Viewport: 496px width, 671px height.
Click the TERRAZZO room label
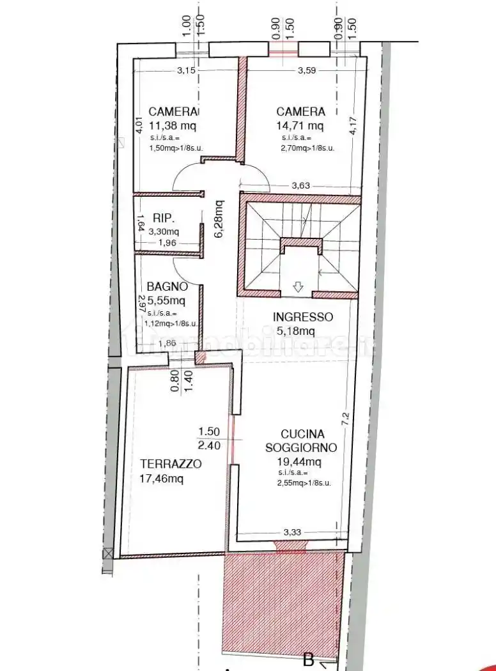(x=171, y=464)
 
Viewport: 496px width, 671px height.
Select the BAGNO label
(x=167, y=286)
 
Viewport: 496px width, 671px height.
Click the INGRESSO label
(x=302, y=316)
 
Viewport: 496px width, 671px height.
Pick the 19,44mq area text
(x=299, y=461)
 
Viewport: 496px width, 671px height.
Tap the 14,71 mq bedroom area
(x=300, y=125)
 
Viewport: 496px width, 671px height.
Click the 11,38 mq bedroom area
(x=172, y=125)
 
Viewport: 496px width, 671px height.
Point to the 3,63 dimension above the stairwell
(x=300, y=186)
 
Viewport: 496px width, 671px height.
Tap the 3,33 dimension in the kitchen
(x=291, y=531)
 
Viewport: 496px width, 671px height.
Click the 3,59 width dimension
(x=307, y=70)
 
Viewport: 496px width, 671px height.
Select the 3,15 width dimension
(x=186, y=70)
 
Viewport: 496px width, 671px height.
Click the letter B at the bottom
(x=308, y=659)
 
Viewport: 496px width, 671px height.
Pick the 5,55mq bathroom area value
(x=166, y=300)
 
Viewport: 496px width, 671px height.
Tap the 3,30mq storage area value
(x=164, y=231)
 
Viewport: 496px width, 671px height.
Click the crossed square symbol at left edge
(x=107, y=553)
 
